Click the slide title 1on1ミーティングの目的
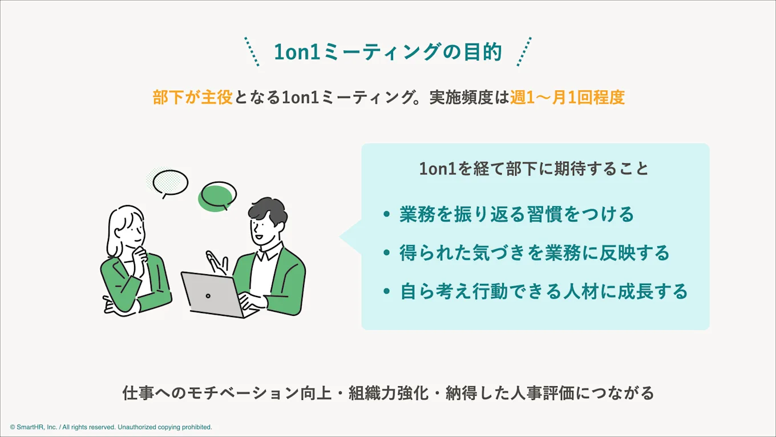pyautogui.click(x=387, y=52)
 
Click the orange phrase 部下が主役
pyautogui.click(x=192, y=97)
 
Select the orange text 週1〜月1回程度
pyautogui.click(x=567, y=97)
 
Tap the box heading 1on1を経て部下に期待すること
pyautogui.click(x=534, y=169)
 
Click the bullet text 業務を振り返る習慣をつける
pyautogui.click(x=517, y=214)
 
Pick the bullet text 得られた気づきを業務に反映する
pyautogui.click(x=535, y=253)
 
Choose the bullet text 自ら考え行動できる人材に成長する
pyautogui.click(x=544, y=292)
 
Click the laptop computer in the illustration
pyautogui.click(x=212, y=295)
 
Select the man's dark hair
pyautogui.click(x=268, y=212)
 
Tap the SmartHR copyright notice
pyautogui.click(x=111, y=427)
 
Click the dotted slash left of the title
pyautogui.click(x=252, y=52)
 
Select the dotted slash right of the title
pyautogui.click(x=524, y=51)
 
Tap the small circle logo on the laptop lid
pyautogui.click(x=208, y=295)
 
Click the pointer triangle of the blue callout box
pyautogui.click(x=350, y=236)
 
